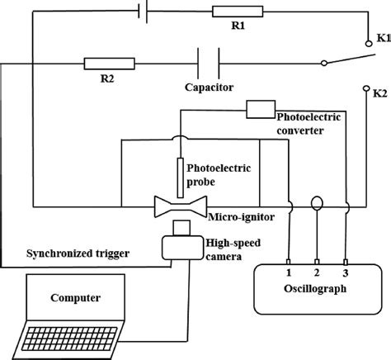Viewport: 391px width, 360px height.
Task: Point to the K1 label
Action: [x=379, y=38]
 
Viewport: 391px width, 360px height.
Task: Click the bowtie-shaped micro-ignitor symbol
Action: [x=180, y=205]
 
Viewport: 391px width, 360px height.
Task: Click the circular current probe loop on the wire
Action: [x=317, y=203]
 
